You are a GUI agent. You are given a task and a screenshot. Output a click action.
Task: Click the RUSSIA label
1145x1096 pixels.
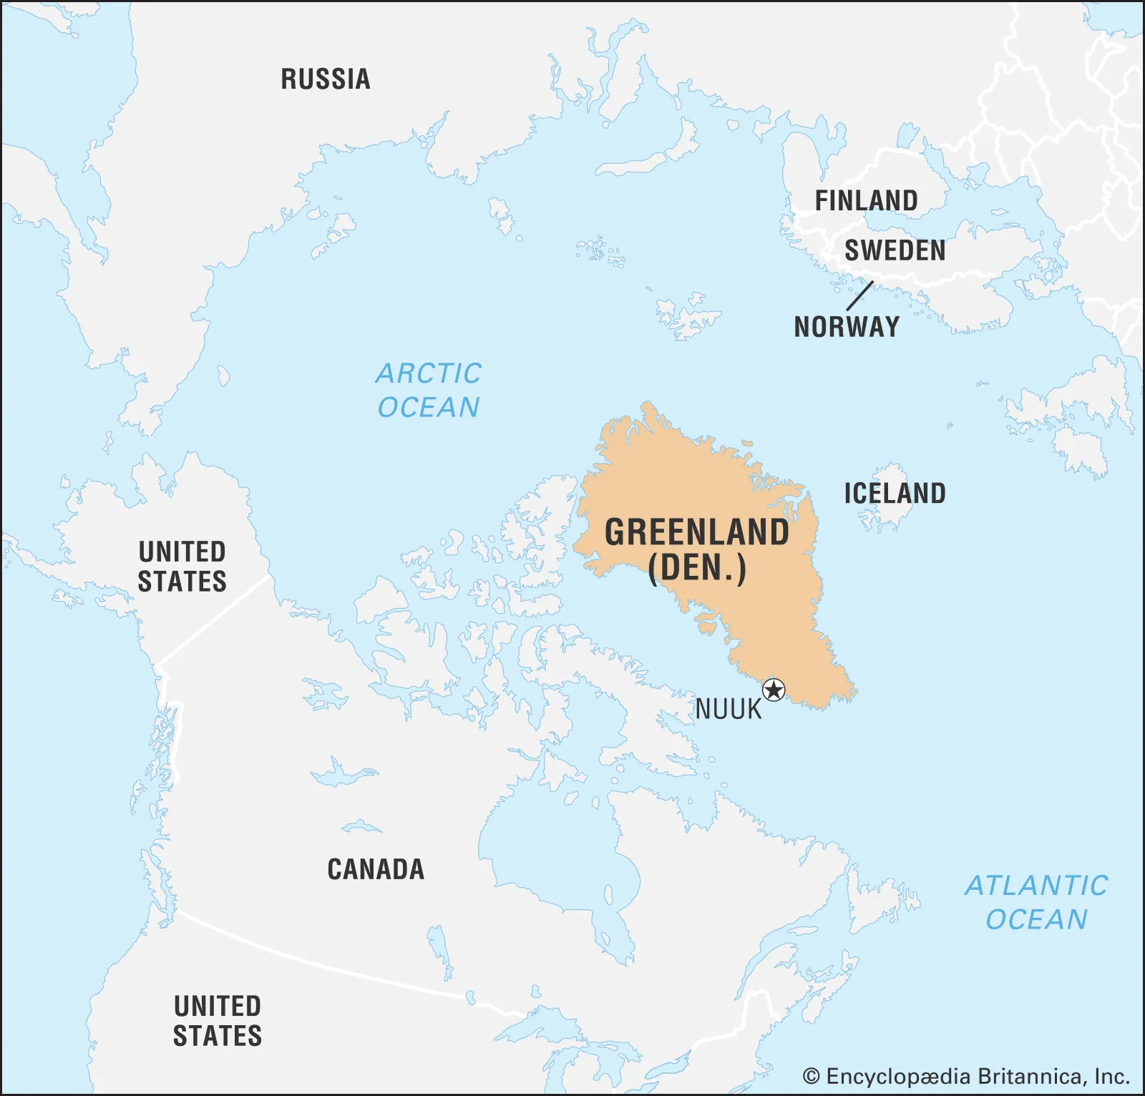click(326, 79)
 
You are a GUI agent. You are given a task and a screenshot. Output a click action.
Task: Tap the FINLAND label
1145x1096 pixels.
click(866, 201)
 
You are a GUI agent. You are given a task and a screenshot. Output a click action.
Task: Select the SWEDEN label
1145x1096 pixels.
click(895, 251)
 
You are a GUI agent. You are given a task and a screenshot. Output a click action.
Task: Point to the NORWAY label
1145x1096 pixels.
click(847, 327)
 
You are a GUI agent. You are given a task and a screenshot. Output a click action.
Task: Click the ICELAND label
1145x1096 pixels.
click(895, 494)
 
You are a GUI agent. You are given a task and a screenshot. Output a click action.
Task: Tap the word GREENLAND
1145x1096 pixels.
click(697, 533)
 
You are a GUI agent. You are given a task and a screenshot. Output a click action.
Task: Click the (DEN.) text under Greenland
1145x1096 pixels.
click(697, 569)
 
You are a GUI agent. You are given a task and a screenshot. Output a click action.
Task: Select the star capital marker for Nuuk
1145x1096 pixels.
click(774, 690)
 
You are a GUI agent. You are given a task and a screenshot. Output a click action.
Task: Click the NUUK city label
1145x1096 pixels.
click(729, 710)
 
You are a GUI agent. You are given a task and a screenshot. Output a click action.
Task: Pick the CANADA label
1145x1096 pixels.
click(376, 870)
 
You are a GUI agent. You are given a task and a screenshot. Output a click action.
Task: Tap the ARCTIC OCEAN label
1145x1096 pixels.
click(429, 391)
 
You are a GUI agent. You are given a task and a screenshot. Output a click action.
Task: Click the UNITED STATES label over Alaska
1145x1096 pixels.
click(182, 567)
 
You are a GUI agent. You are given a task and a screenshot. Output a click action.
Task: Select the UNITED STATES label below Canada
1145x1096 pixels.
click(218, 1022)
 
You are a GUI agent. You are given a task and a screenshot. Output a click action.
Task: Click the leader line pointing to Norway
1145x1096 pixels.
click(859, 296)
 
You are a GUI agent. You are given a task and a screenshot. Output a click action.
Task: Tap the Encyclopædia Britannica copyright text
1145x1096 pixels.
click(966, 1077)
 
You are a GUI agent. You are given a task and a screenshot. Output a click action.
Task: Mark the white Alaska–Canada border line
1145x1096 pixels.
click(215, 620)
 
